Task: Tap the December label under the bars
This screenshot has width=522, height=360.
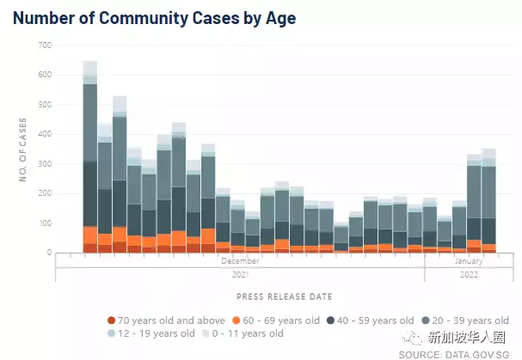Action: pyautogui.click(x=240, y=260)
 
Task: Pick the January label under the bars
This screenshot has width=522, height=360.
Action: pyautogui.click(x=469, y=260)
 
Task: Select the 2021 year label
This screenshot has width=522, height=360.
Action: pyautogui.click(x=240, y=275)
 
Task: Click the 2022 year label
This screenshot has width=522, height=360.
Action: pyautogui.click(x=469, y=275)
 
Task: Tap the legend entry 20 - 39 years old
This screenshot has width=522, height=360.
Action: pyautogui.click(x=470, y=320)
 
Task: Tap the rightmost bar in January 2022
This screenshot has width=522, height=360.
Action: pyautogui.click(x=488, y=206)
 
